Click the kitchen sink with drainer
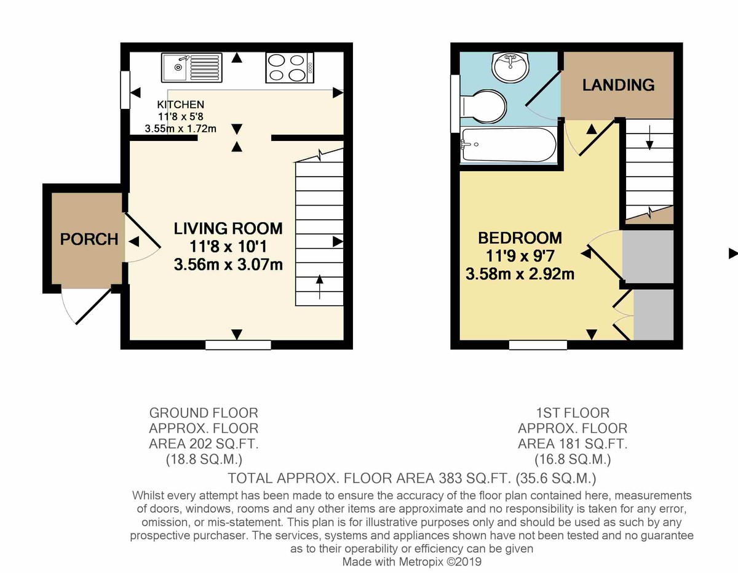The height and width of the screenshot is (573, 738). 191,67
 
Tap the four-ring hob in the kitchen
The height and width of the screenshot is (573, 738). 290,68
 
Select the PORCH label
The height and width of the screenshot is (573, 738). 89,239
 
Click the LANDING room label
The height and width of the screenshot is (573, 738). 619,85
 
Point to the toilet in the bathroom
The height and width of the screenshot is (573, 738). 482,106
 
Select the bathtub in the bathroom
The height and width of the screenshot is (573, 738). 508,145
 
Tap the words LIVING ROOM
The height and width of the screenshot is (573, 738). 228,228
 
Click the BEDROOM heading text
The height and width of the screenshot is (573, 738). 520,238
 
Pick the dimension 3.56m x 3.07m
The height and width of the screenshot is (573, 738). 228,265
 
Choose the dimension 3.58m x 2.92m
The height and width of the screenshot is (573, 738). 520,274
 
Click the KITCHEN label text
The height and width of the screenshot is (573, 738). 180,105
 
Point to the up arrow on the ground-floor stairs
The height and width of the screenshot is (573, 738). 319,287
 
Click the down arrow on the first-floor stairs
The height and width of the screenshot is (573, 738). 649,138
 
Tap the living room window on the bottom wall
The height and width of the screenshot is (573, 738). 238,345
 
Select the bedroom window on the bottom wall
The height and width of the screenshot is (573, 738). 538,345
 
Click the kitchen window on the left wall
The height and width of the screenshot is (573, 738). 125,90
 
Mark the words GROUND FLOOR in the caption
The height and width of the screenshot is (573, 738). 204,413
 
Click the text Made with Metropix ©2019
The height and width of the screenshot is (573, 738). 411,561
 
